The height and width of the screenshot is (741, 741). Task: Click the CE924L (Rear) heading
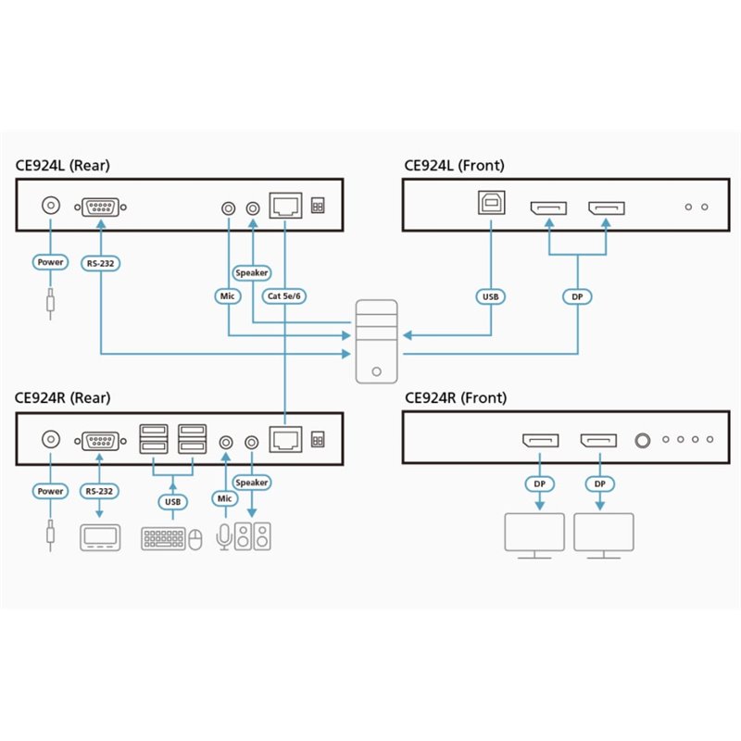[62, 166]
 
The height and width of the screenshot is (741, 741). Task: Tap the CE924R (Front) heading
[456, 398]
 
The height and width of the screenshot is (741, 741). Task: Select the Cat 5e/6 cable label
[284, 296]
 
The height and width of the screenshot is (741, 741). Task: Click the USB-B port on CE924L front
[492, 203]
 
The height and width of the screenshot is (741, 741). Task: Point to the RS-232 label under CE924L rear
[101, 263]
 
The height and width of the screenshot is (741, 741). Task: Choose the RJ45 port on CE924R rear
[285, 440]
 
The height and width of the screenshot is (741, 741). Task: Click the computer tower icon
[377, 341]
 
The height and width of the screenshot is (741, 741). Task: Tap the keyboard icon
[163, 539]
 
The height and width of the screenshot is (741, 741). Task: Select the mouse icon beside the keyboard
[195, 540]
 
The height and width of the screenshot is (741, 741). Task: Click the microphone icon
[224, 537]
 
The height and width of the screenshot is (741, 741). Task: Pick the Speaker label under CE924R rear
[252, 483]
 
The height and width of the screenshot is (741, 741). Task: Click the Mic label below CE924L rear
[227, 296]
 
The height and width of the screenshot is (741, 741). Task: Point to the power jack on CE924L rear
[51, 206]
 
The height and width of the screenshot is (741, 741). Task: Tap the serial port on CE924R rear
[100, 441]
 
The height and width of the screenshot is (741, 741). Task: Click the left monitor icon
[534, 536]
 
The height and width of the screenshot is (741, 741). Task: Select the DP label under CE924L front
[577, 296]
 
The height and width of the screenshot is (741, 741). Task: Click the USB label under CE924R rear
[172, 502]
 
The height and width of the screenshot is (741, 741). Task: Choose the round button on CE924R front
[642, 441]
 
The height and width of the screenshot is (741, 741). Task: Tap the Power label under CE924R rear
[51, 491]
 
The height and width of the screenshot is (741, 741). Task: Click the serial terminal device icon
[100, 538]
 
